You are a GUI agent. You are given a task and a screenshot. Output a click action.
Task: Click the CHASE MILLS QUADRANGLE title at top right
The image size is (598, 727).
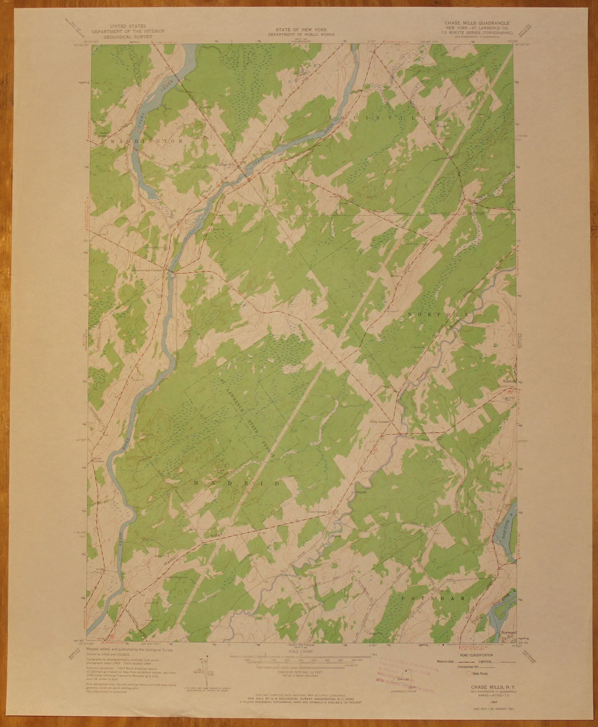[477, 23]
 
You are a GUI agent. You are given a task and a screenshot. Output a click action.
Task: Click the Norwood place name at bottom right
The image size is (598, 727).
[508, 643]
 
